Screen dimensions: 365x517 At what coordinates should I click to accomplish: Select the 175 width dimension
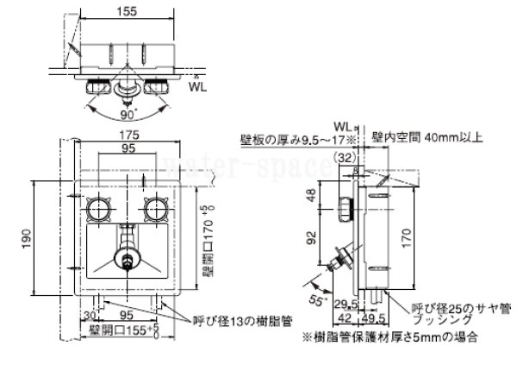[x=131, y=135]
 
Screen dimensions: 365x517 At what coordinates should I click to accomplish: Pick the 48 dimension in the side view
[x=309, y=196]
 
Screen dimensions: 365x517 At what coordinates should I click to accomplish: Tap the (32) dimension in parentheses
[x=347, y=157]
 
